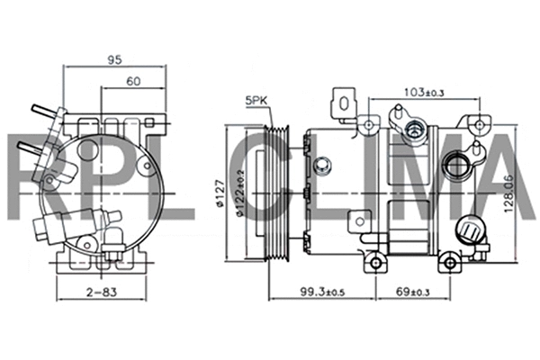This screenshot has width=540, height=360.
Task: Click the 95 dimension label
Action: point(114,60)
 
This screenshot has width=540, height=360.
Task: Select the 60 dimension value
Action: point(133,81)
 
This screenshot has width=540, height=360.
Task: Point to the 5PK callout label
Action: point(254,101)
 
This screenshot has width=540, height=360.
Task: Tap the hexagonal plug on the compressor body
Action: point(321,166)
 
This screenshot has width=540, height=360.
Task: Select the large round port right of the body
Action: point(459,166)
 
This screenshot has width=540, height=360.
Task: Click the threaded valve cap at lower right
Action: point(469,232)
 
